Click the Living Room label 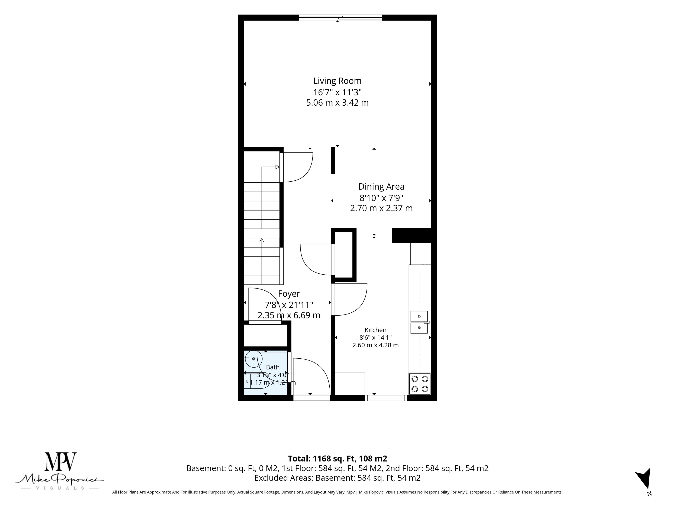point(337,81)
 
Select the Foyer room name point(289,294)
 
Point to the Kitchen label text point(375,330)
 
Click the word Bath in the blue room point(272,367)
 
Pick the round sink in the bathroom point(254,359)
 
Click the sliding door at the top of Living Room point(340,18)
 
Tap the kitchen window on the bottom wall point(386,398)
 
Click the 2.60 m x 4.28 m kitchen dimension point(375,345)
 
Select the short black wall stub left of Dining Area point(333,160)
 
